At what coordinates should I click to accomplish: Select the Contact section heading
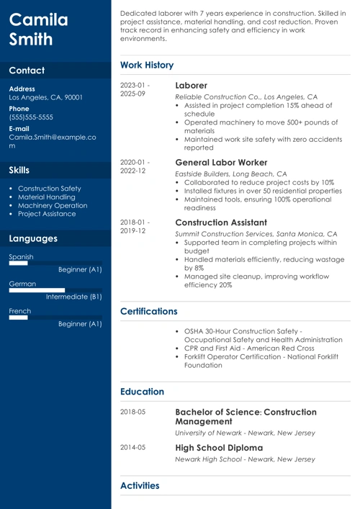coord(27,71)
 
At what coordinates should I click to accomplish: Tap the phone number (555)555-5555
coord(31,117)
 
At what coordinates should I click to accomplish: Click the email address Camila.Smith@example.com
coord(52,140)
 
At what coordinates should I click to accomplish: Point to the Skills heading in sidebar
coord(19,171)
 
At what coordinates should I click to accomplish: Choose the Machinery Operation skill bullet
coord(52,205)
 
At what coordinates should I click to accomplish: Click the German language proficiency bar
coord(55,290)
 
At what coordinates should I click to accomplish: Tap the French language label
coord(20,310)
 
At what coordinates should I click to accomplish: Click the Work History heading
coord(147,65)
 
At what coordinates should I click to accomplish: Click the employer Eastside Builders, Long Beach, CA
coord(231,174)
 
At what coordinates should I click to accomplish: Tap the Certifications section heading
coord(148,312)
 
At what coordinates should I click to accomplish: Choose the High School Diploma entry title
coord(221,448)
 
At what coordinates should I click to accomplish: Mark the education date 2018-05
coord(132,412)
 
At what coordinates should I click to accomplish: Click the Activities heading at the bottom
coord(140,486)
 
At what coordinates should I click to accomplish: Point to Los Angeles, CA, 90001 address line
coord(45,97)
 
